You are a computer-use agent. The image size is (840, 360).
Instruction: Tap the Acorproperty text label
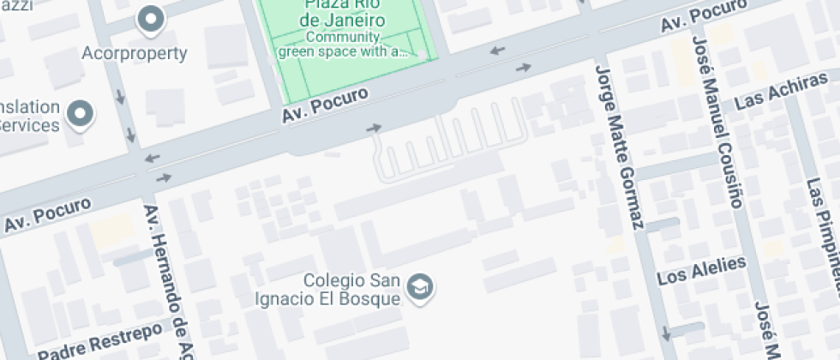[135, 53]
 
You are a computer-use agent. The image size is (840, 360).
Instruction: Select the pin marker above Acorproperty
[152, 19]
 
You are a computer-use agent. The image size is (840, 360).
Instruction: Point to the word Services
[29, 124]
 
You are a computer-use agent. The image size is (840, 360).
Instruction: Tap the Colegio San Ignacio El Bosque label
[352, 290]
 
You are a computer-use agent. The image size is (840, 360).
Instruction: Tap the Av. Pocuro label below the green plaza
[326, 105]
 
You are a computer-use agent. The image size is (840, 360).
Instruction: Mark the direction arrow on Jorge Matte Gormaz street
[664, 333]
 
